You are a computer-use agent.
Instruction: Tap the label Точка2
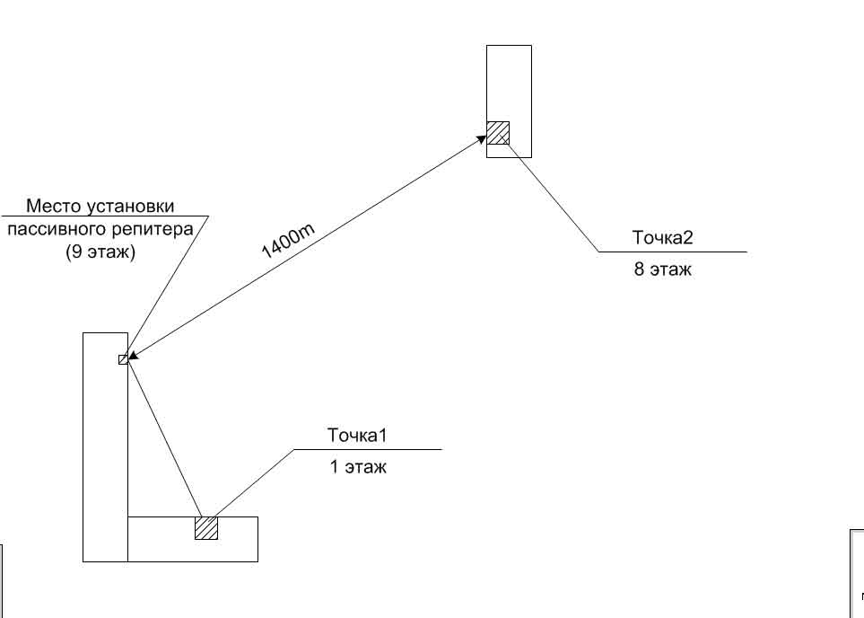[x=663, y=238]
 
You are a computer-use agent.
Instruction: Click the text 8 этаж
[x=663, y=269]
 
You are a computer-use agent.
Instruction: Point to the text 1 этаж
[x=357, y=466]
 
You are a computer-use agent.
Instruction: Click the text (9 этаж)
[x=100, y=252]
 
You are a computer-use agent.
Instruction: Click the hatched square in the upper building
[x=498, y=132]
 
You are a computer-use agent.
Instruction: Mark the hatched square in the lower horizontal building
[x=206, y=527]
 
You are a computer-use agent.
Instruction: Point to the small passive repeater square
[x=123, y=359]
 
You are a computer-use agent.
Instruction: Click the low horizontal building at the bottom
[x=238, y=539]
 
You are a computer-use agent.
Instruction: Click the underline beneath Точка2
[x=673, y=252]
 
